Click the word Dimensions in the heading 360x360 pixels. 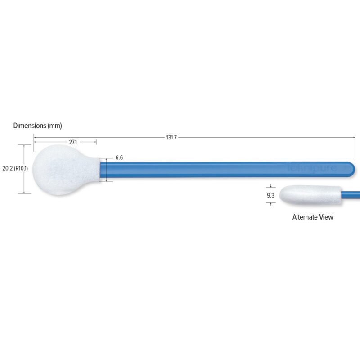[29, 126]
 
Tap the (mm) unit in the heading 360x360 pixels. [54, 126]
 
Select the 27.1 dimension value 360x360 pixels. [73, 142]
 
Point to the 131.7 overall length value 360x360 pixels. [171, 137]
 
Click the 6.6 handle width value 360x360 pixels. [119, 157]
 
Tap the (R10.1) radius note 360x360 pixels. [21, 169]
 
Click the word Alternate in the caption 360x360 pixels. [304, 217]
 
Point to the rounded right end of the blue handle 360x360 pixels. [352, 168]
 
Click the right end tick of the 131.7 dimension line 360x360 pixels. [355, 137]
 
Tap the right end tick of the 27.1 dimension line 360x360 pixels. [97, 142]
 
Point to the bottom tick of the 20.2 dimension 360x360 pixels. [24, 193]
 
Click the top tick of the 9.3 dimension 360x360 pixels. [270, 186]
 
